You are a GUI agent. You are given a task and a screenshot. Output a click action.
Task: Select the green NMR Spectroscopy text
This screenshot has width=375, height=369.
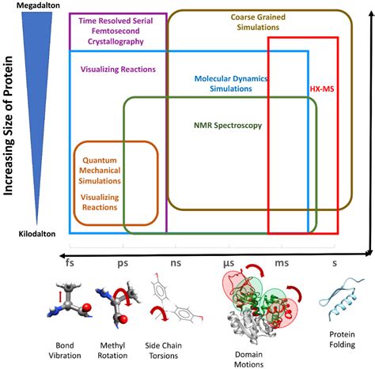tap(228, 125)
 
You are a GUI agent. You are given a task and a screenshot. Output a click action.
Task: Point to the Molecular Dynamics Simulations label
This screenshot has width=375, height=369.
tap(233, 85)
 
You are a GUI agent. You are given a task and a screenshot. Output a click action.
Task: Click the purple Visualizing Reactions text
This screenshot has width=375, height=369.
tap(118, 69)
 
